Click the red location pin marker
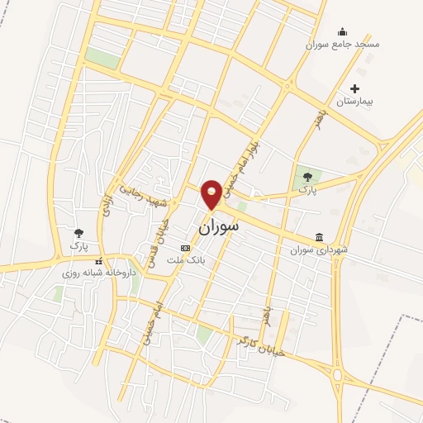211,193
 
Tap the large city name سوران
219,224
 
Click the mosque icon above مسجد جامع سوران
342,32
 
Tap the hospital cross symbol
355,88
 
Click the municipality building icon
320,237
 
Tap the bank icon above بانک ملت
186,248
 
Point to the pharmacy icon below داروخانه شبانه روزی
99,284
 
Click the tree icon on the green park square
308,176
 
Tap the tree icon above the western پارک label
78,234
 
